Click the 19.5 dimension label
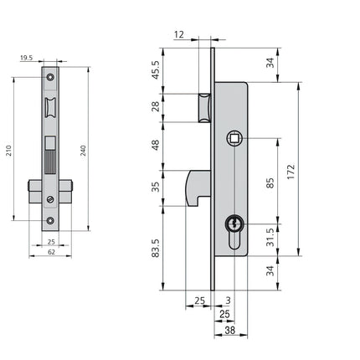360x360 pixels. pos(27,58)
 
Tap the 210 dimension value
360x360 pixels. pos(9,151)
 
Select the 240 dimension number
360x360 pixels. pos(84,151)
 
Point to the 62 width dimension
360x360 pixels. pos(51,252)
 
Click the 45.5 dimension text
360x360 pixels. pos(156,69)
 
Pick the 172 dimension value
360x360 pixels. pos(291,172)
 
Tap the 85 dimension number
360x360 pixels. pos(270,183)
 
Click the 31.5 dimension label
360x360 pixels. pos(270,238)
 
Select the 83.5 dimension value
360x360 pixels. pos(156,249)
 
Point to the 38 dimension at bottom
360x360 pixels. pos(230,330)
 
